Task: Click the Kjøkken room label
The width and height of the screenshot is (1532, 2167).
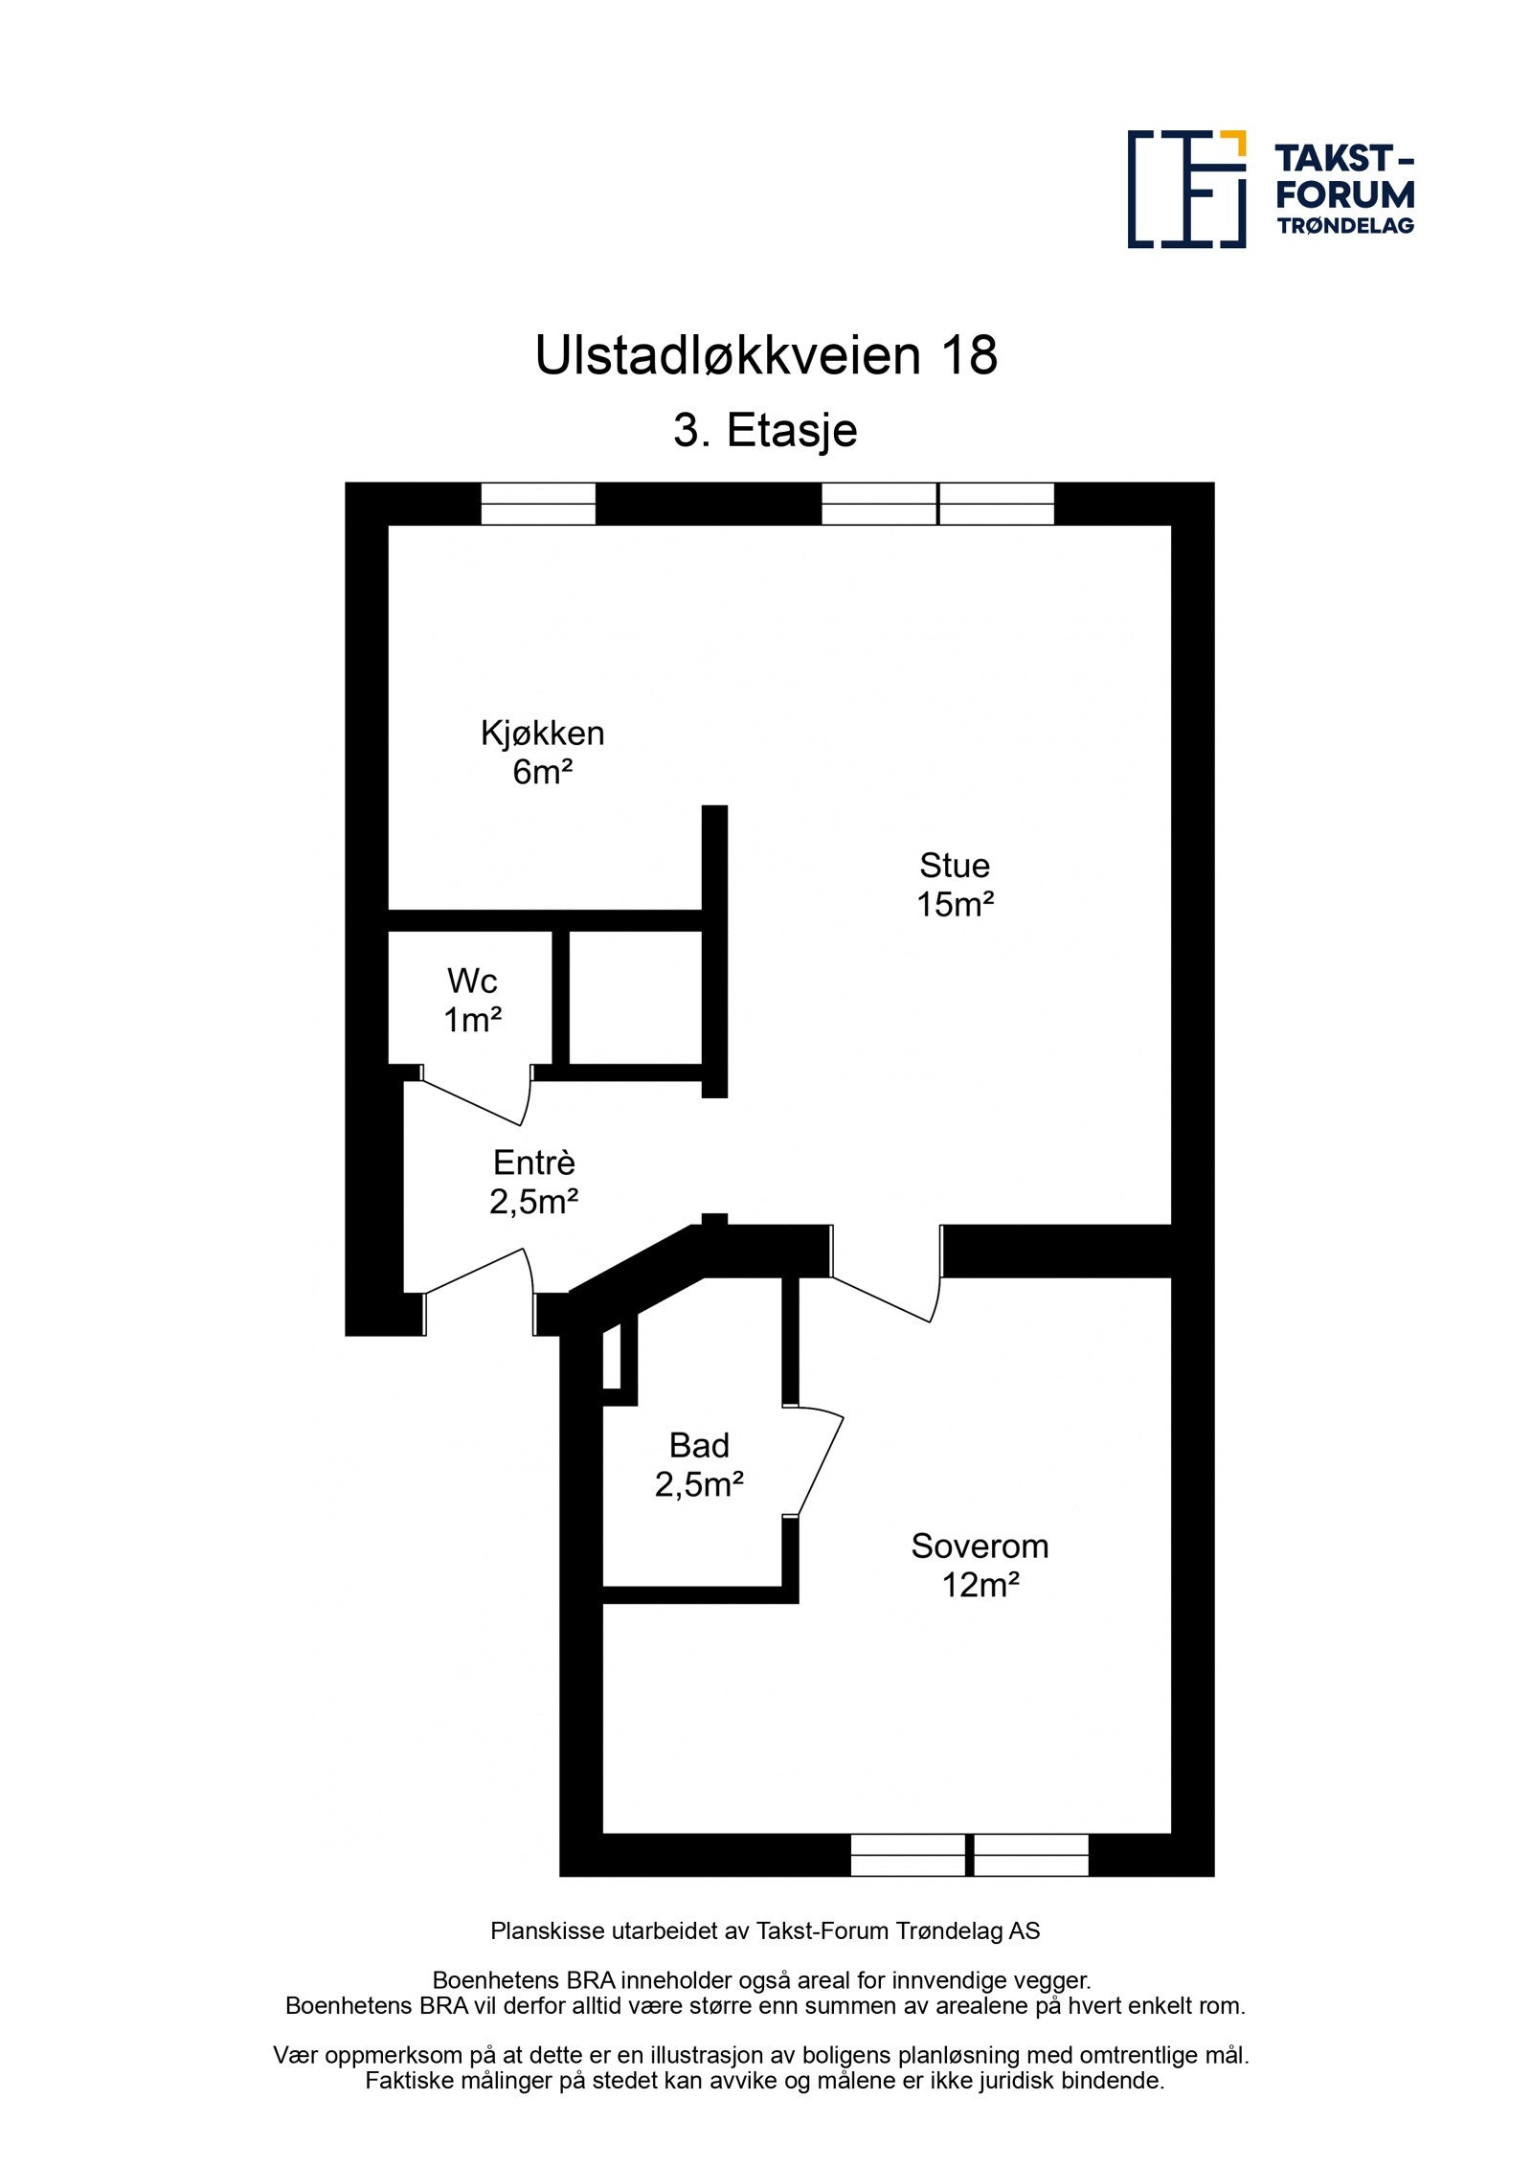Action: [542, 734]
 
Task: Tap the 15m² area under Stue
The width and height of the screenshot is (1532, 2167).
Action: [955, 905]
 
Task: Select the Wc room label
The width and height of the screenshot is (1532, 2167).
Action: [472, 981]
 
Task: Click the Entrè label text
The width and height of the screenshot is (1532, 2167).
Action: [533, 1163]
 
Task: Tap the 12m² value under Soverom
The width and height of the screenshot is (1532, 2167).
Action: [980, 1585]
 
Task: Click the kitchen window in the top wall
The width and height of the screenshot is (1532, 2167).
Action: [537, 504]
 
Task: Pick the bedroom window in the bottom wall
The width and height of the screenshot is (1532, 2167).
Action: [969, 1855]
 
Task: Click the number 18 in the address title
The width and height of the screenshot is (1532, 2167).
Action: [969, 356]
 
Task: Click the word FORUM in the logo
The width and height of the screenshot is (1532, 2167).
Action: [1344, 194]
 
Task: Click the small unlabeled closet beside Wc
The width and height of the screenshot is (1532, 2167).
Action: [636, 997]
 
